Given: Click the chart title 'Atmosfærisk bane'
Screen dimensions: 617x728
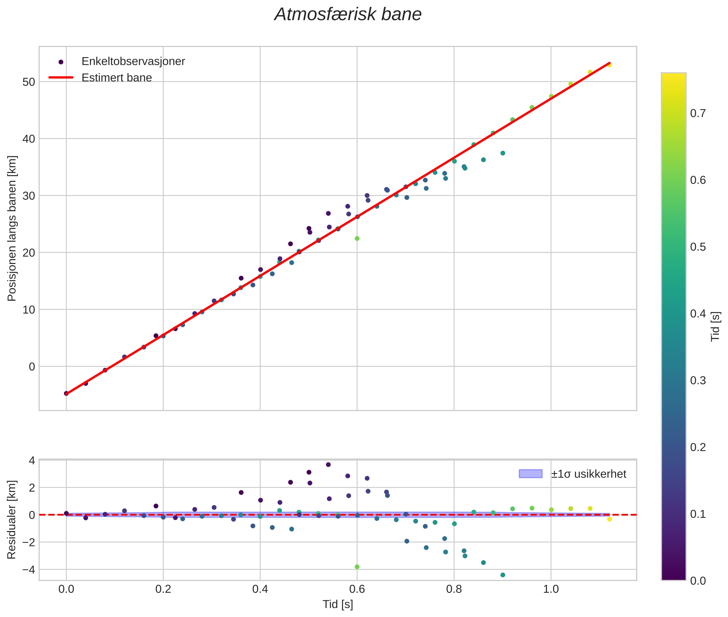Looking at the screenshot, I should click(348, 15).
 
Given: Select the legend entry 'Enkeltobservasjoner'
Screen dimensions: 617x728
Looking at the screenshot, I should click(133, 61).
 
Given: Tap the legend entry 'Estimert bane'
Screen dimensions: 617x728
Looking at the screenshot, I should click(116, 78).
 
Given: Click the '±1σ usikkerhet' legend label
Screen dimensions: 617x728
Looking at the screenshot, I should click(588, 474).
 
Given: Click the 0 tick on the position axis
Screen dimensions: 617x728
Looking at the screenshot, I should click(32, 366).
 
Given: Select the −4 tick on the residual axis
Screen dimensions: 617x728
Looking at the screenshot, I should click(29, 569).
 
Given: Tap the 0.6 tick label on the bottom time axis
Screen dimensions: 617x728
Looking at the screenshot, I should click(357, 589).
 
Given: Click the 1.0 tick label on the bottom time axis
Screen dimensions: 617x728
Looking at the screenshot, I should click(551, 589).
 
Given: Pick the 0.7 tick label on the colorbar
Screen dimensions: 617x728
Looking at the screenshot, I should click(698, 113).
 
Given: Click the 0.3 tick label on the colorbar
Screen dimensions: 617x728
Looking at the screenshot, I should click(698, 380).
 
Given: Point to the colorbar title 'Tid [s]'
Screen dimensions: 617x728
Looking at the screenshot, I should click(716, 326).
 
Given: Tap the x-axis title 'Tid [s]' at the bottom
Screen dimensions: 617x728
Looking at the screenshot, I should click(338, 604).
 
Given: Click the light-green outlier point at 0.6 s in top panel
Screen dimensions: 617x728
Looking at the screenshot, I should click(357, 238).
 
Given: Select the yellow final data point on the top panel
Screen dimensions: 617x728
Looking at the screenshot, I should click(609, 65).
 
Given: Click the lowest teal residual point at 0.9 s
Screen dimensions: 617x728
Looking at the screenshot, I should click(503, 575).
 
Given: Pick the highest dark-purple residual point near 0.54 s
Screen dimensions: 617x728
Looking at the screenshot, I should click(328, 465).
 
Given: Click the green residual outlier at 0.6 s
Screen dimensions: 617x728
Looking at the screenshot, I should click(357, 567).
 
